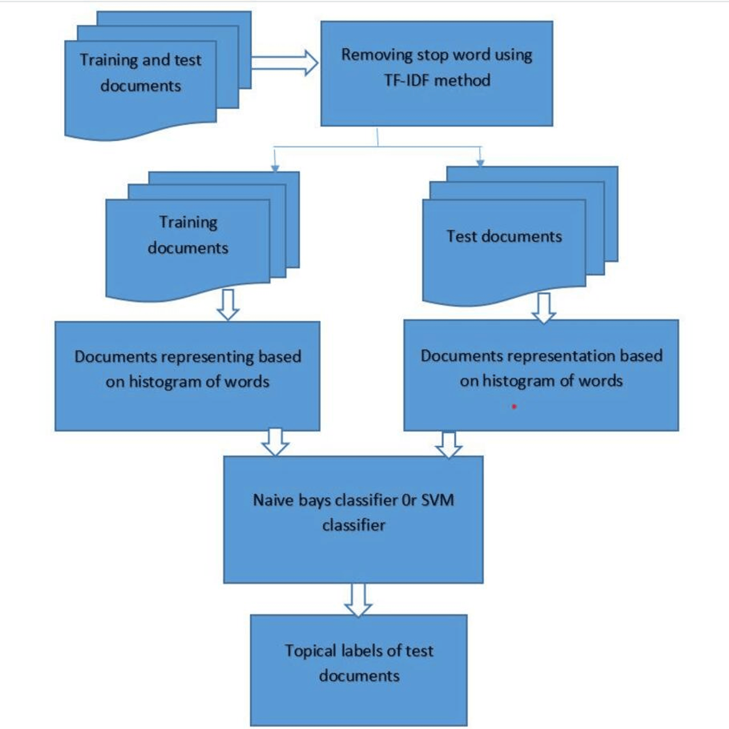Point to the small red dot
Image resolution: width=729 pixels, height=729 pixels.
[514, 406]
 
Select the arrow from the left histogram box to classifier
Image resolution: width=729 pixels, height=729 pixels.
[275, 442]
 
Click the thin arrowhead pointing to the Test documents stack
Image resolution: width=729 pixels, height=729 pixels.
[480, 163]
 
